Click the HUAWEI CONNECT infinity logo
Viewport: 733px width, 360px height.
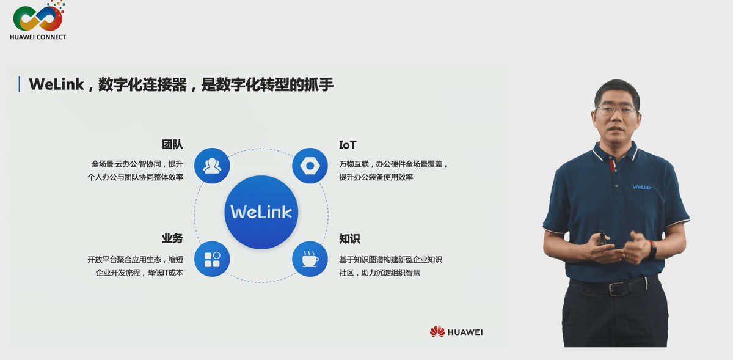[38, 18]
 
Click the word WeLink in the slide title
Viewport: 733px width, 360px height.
[56, 84]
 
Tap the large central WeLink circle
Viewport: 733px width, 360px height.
[261, 212]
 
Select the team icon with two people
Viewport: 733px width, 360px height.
[212, 166]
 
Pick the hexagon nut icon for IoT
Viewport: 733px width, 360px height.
[310, 166]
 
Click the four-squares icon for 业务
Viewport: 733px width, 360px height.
[212, 259]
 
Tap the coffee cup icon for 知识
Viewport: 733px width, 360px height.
[310, 259]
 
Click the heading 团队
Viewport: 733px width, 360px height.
[172, 145]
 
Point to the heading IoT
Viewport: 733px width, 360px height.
[348, 145]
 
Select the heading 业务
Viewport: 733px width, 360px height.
[172, 238]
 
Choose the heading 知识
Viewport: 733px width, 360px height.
[349, 238]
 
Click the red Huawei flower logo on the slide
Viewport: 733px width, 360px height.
[437, 332]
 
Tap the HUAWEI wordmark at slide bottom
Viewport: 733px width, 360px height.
[465, 332]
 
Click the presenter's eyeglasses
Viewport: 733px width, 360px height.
[616, 111]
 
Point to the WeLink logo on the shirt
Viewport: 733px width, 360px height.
[641, 187]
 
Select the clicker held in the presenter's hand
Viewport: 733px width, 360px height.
[602, 237]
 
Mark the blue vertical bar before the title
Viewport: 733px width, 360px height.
[20, 84]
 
